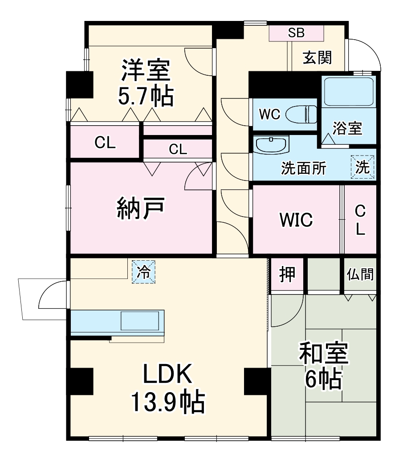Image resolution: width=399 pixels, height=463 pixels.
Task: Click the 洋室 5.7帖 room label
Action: (145, 83)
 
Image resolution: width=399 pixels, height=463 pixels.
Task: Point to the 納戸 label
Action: (142, 208)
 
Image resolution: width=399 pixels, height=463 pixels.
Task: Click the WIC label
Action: (296, 219)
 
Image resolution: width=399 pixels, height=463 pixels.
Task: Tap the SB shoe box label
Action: (296, 33)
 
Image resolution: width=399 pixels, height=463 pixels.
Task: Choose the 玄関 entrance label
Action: (317, 57)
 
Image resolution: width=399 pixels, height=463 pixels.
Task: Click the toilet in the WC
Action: (301, 115)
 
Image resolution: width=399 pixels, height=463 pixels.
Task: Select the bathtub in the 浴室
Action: (348, 91)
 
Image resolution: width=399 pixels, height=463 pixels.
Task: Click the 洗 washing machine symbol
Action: (362, 167)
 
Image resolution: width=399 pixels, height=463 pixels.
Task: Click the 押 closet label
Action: (287, 275)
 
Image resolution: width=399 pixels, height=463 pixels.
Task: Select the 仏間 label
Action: (360, 274)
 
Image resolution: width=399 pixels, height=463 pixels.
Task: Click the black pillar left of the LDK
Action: (80, 382)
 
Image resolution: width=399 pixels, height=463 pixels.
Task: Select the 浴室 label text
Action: (347, 128)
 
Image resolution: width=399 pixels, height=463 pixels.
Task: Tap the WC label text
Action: (269, 115)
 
